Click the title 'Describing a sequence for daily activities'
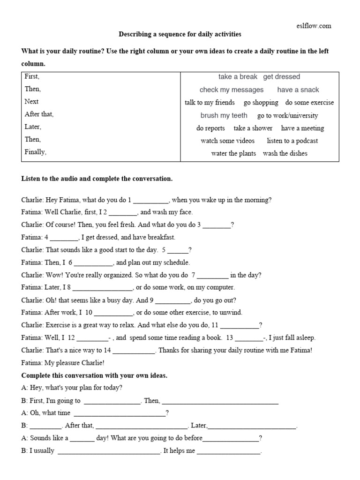180,35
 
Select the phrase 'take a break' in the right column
238,77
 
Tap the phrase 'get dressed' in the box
281,77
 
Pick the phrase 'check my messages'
232,90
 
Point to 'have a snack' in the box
298,90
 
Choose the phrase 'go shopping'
261,103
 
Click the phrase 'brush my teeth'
224,115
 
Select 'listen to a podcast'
292,141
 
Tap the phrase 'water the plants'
233,153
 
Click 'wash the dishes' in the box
285,153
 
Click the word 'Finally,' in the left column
36,152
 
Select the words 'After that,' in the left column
39,114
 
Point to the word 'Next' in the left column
32,101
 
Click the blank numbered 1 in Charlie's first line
150,201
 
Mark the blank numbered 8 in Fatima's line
103,288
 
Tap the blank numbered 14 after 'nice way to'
134,351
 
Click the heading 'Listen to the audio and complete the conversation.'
97,179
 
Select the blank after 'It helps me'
228,451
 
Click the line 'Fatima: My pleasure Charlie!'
63,362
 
